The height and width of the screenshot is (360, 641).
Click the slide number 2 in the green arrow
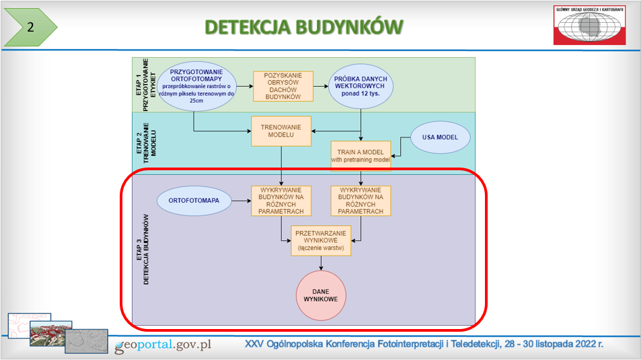30,28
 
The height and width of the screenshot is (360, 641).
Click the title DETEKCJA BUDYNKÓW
304,27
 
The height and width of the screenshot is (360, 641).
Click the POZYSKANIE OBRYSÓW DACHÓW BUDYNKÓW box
283,86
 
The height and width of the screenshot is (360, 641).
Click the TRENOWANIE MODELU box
281,131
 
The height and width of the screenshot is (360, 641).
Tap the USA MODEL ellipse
441,138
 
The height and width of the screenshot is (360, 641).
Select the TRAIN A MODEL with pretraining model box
361,155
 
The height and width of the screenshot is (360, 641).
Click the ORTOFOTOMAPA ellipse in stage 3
192,200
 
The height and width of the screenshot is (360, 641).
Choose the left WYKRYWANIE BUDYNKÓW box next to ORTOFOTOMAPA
281,201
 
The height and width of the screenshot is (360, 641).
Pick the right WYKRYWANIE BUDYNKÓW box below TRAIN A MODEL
361,201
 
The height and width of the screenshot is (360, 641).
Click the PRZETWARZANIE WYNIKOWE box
320,241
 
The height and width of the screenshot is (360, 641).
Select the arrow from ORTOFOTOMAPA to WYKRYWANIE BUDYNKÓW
239,200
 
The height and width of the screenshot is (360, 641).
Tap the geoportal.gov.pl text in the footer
163,345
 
